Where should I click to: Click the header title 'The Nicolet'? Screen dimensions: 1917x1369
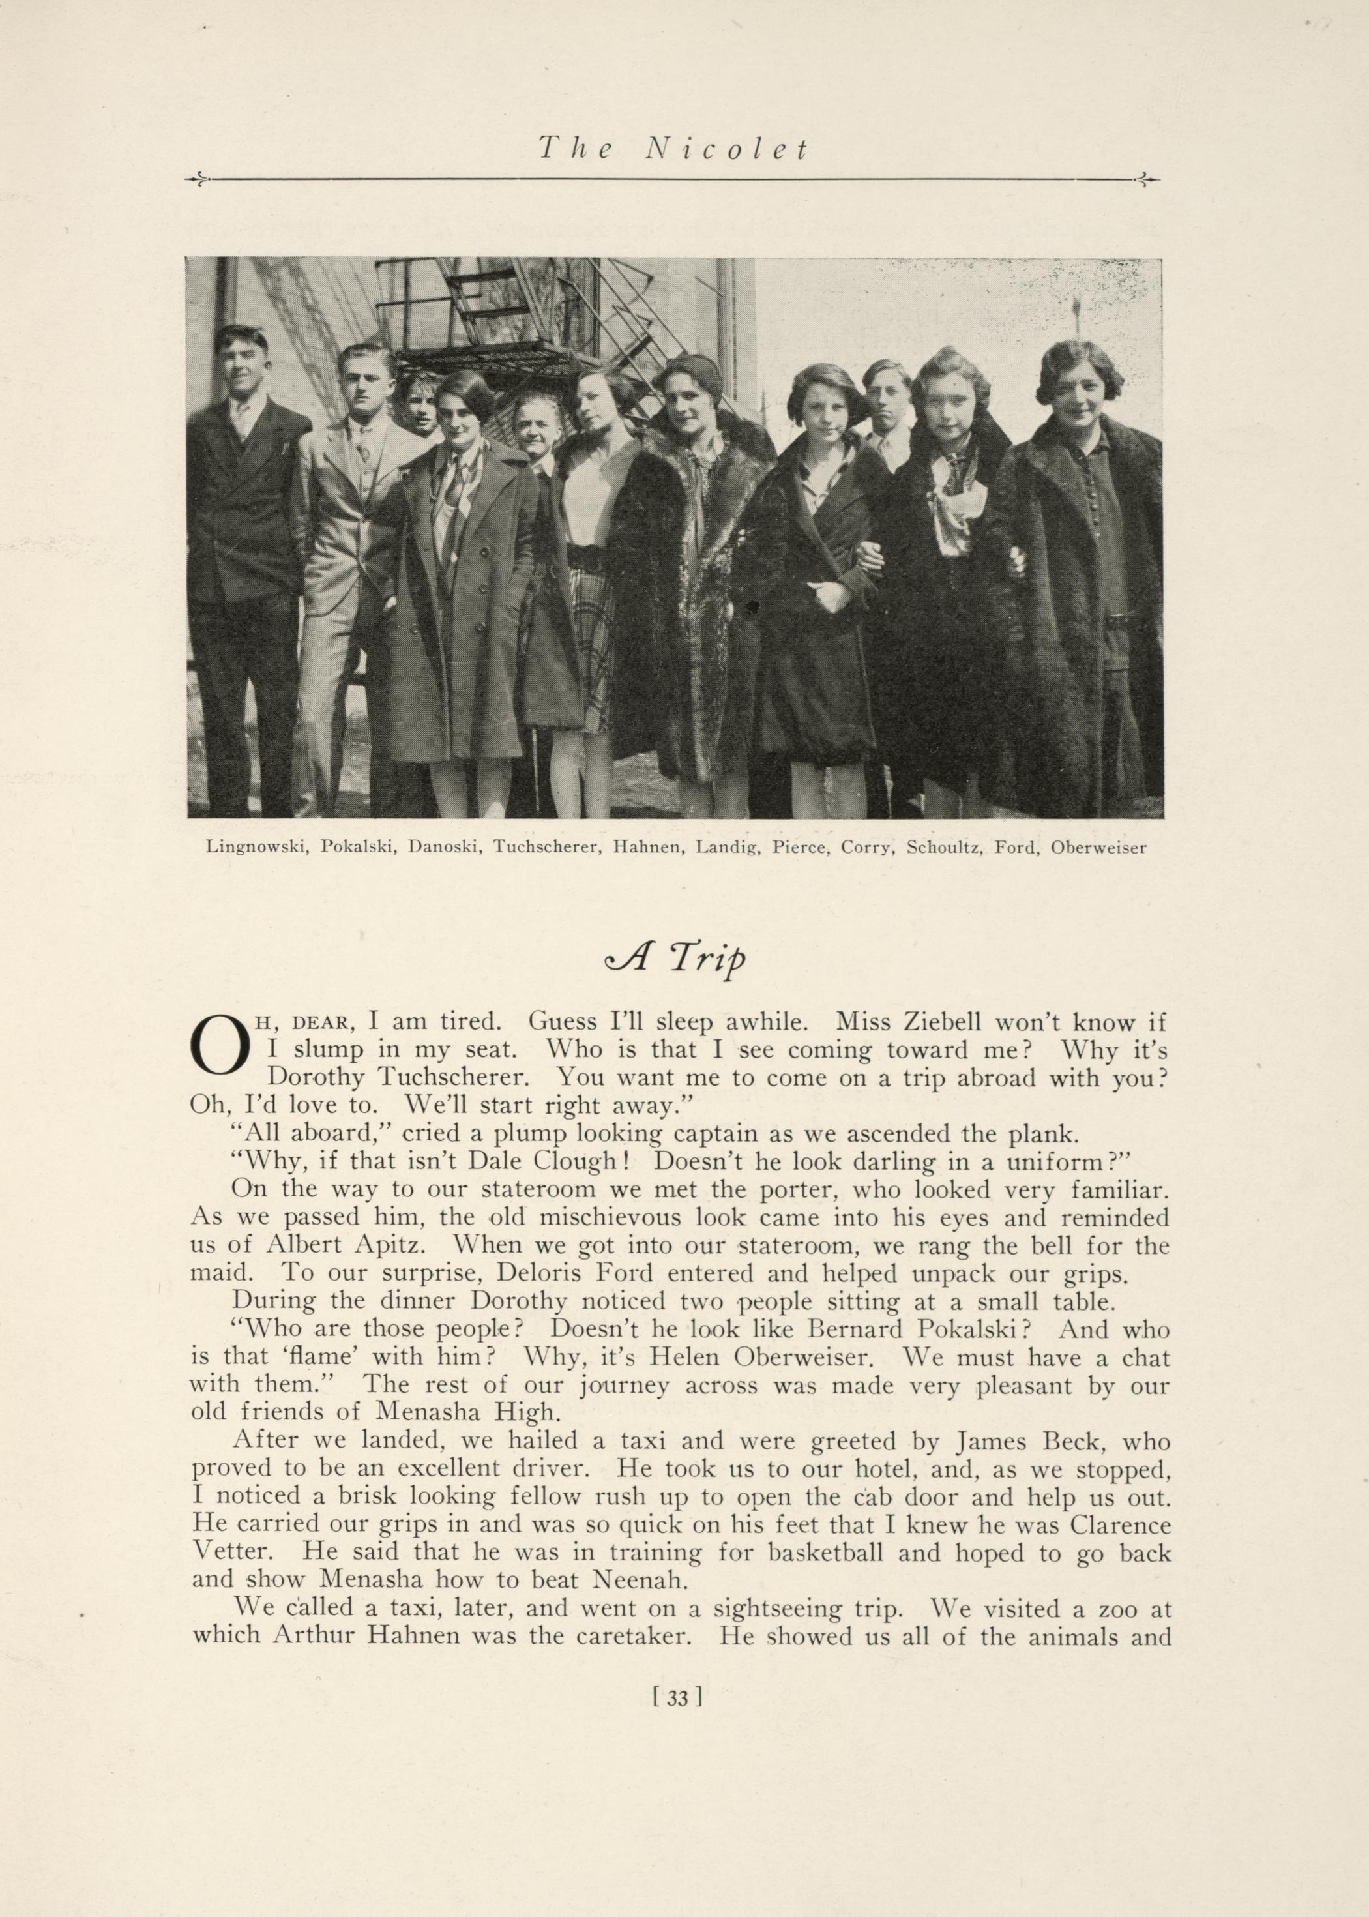(x=673, y=149)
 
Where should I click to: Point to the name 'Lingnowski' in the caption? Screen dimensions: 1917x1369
(x=256, y=848)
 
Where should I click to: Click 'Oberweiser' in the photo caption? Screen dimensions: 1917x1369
(x=1098, y=848)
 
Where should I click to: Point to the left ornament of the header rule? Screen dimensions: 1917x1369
(x=195, y=179)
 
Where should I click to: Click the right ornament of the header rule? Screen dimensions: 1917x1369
(x=1149, y=179)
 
